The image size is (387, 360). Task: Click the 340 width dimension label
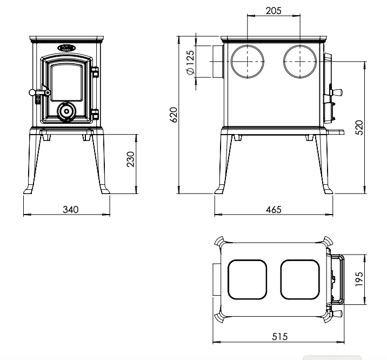pyautogui.click(x=70, y=209)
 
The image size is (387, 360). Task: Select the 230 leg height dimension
pyautogui.click(x=130, y=159)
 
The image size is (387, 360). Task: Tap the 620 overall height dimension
pyautogui.click(x=174, y=115)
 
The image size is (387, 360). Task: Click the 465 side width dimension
pyautogui.click(x=274, y=209)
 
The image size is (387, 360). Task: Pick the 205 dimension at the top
pyautogui.click(x=274, y=10)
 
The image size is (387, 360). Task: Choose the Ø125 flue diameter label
pyautogui.click(x=189, y=63)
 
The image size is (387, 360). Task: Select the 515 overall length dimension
pyautogui.click(x=279, y=336)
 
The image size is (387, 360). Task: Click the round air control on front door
pyautogui.click(x=66, y=111)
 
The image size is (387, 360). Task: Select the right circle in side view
pyautogui.click(x=301, y=62)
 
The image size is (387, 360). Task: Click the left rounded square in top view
pyautogui.click(x=248, y=279)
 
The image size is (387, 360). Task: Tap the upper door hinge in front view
pyautogui.click(x=96, y=72)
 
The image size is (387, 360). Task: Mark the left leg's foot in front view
pyautogui.click(x=29, y=190)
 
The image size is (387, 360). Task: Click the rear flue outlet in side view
pyautogui.click(x=216, y=62)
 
